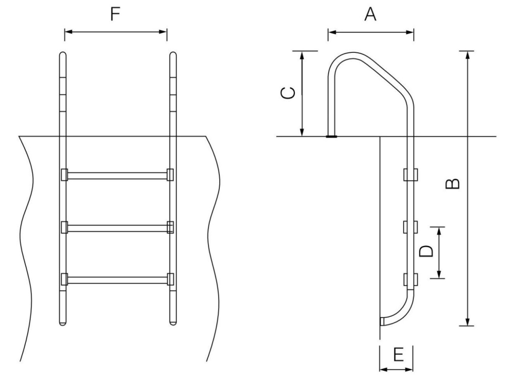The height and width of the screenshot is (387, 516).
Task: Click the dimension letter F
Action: point(116,15)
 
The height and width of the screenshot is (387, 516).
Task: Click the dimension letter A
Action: point(370,15)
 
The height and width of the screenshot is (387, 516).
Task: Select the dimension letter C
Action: point(287,93)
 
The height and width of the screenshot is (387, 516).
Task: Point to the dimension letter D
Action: point(426,250)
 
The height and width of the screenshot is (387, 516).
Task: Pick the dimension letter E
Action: point(398,355)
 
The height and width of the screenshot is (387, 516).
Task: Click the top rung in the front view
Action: point(117,175)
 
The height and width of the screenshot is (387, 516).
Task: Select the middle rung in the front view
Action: point(117,228)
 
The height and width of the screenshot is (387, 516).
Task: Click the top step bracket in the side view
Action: point(411,174)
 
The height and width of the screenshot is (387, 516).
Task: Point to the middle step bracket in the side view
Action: point(411,227)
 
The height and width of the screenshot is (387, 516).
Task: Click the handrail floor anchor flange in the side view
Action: point(332,136)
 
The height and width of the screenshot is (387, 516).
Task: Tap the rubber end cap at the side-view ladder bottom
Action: point(382,320)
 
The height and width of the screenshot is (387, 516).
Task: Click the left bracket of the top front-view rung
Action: point(64,175)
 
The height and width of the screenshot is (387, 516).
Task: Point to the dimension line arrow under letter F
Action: point(116,32)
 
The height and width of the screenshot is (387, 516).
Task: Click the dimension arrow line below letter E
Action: point(396,369)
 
